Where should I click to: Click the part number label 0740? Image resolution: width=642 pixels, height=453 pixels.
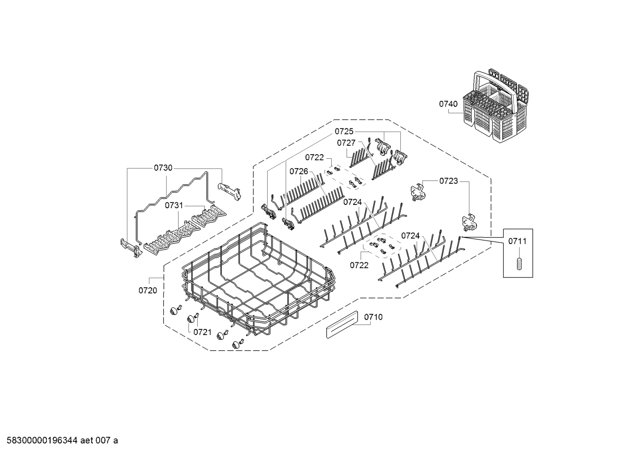coord(448,104)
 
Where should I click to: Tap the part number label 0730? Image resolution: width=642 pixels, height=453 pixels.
coord(163,168)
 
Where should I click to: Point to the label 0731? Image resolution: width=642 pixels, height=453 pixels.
coord(174,205)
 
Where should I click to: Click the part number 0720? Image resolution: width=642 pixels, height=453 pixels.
coord(147,290)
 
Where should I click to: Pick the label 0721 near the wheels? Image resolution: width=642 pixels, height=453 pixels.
coord(202,331)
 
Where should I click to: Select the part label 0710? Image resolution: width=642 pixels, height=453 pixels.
coord(373,317)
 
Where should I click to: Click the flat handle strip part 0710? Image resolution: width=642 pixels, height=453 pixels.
coord(341,324)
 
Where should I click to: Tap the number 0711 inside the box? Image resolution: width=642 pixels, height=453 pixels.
coord(517,241)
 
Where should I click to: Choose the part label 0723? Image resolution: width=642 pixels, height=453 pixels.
coord(448,180)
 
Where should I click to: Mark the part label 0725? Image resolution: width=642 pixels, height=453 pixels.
coord(344,131)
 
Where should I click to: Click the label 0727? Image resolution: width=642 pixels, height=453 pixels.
coord(346,143)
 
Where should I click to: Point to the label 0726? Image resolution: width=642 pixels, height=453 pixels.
coord(299,171)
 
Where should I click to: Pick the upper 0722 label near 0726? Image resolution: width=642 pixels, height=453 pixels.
coord(314,157)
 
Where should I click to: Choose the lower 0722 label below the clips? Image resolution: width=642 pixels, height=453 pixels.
coord(359,265)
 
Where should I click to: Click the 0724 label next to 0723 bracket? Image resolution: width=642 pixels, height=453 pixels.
coord(410,236)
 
